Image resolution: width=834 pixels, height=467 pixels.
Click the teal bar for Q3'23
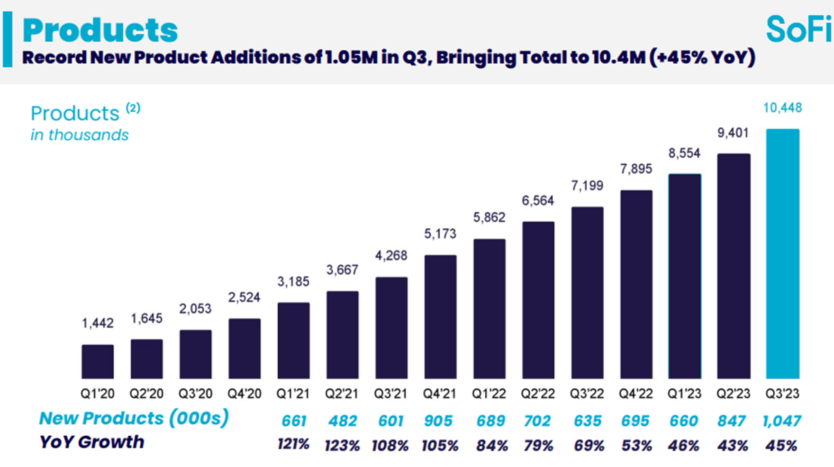click(782, 254)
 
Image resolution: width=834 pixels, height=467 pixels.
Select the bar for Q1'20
click(98, 361)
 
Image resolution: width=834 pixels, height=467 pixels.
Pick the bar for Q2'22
click(538, 300)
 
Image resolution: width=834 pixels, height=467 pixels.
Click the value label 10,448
click(782, 108)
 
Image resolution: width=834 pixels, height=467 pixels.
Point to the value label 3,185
click(293, 282)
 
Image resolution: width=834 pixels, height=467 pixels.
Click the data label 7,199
click(587, 186)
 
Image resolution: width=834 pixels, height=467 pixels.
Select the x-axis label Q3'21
click(391, 394)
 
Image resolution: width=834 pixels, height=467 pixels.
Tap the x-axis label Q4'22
click(635, 394)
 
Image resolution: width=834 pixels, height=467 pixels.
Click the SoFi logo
click(799, 29)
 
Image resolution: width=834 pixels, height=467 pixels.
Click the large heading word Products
click(100, 30)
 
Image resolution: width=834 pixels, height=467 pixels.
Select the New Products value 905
click(439, 421)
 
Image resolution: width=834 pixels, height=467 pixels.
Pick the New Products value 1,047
click(782, 421)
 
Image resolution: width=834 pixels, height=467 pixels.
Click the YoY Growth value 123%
click(342, 446)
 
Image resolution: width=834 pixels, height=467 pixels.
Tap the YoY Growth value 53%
click(636, 446)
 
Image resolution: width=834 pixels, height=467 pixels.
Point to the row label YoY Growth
click(92, 442)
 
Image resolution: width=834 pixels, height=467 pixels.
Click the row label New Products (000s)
click(134, 418)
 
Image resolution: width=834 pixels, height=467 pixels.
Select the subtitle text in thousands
click(80, 135)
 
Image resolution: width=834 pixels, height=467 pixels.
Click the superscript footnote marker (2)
click(133, 108)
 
